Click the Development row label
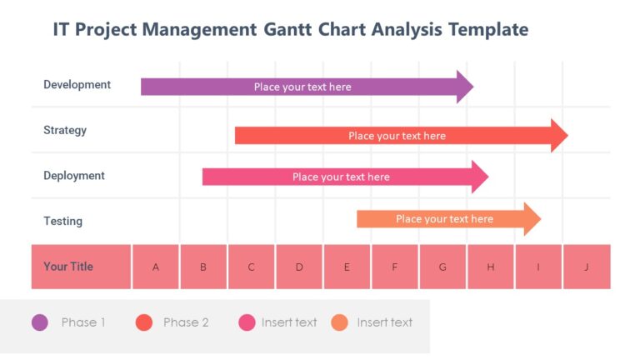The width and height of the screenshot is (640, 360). (77, 84)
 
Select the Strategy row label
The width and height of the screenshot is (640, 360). (65, 130)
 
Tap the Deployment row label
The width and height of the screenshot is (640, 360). (74, 176)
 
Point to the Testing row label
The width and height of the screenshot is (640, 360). (62, 221)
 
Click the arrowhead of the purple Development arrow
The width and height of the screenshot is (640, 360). (465, 87)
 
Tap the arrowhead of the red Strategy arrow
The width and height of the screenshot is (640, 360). (559, 136)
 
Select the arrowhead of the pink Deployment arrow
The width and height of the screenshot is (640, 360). (480, 177)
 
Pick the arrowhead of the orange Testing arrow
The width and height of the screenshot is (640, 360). (532, 219)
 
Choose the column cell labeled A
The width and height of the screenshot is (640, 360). (156, 267)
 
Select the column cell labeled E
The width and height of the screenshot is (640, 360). (347, 267)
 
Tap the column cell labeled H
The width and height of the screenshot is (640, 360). (490, 267)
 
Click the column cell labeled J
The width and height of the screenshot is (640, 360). (587, 267)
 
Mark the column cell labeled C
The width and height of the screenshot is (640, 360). (252, 267)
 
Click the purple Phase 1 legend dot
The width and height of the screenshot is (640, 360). (40, 322)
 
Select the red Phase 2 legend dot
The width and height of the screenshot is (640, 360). (144, 322)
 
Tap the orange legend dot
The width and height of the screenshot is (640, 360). (339, 322)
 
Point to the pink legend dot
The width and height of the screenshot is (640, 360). (247, 322)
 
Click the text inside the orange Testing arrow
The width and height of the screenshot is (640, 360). (444, 219)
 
